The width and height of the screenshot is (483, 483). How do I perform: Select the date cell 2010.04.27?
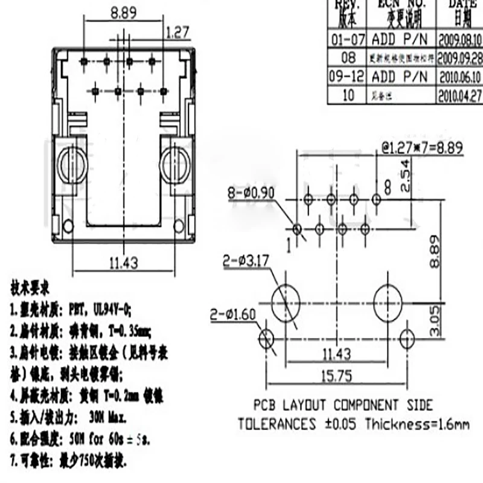[459, 95]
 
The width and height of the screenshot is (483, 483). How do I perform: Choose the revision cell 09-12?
[347, 77]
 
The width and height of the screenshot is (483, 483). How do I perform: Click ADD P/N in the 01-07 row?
[399, 40]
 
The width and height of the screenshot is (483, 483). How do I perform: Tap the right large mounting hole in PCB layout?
[387, 300]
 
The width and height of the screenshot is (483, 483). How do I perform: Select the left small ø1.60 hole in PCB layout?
[266, 338]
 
